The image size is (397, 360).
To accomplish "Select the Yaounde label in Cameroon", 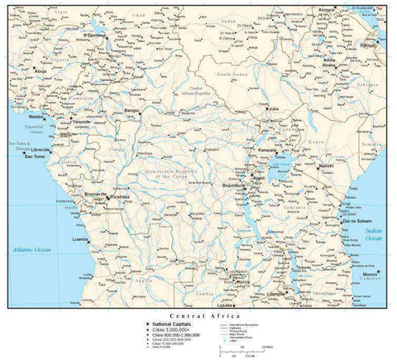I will click(81, 122).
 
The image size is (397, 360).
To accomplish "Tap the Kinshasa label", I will click(121, 197).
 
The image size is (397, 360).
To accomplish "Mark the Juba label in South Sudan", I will click(275, 108).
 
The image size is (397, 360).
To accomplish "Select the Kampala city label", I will click(267, 150).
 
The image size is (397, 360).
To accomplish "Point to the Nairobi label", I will click(325, 166).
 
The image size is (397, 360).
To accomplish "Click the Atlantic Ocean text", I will click(31, 249).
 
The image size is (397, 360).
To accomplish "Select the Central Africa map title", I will click(197, 316).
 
